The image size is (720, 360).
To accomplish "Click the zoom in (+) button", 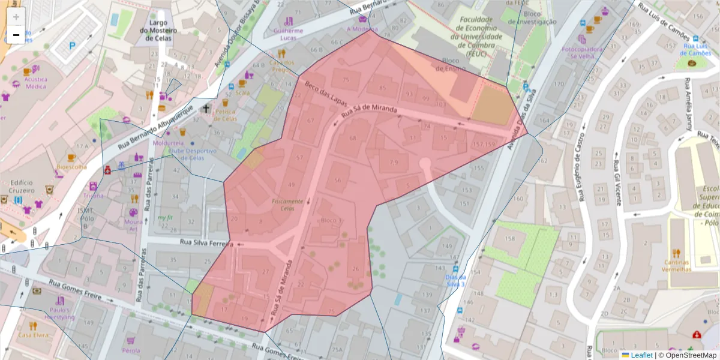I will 16,17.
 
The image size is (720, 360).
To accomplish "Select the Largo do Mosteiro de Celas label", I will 155,30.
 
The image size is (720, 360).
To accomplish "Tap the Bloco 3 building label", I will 331,221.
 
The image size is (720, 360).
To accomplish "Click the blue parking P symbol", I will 73,45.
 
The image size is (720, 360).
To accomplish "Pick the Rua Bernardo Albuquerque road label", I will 155,127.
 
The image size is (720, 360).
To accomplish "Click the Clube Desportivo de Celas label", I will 191,155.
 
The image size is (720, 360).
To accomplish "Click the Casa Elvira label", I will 32,335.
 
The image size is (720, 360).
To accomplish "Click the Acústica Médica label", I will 35,82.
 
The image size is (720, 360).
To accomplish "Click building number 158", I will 509,238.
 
